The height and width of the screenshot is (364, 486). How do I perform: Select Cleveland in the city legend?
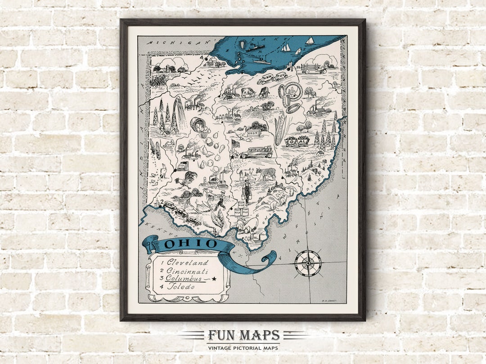click(187, 262)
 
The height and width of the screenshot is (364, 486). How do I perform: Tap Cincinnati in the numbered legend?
click(187, 271)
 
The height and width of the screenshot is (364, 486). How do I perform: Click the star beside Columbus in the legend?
click(214, 279)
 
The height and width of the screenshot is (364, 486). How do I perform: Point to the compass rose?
click(308, 263)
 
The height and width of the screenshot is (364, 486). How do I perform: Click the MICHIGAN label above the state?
click(180, 42)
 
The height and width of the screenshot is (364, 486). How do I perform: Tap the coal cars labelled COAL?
click(297, 142)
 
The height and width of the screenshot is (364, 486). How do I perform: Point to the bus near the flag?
click(256, 152)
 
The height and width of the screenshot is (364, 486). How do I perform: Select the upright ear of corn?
click(279, 130)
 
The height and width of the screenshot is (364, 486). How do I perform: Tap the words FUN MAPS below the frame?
click(243, 336)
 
